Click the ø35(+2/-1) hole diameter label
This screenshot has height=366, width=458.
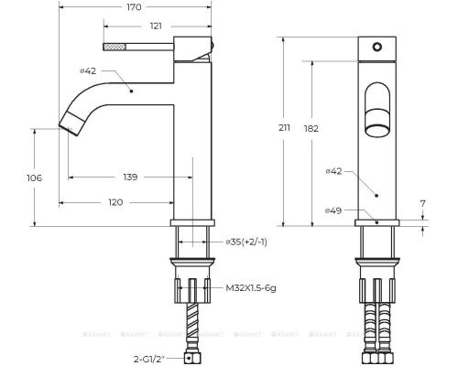[x=245, y=242]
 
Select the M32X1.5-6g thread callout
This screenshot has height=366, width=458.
[x=252, y=286]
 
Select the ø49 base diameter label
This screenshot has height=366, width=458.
[x=335, y=211]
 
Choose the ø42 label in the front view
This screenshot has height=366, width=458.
[x=335, y=171]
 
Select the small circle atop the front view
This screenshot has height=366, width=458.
[x=376, y=46]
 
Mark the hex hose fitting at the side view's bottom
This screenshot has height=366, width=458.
[x=192, y=354]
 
